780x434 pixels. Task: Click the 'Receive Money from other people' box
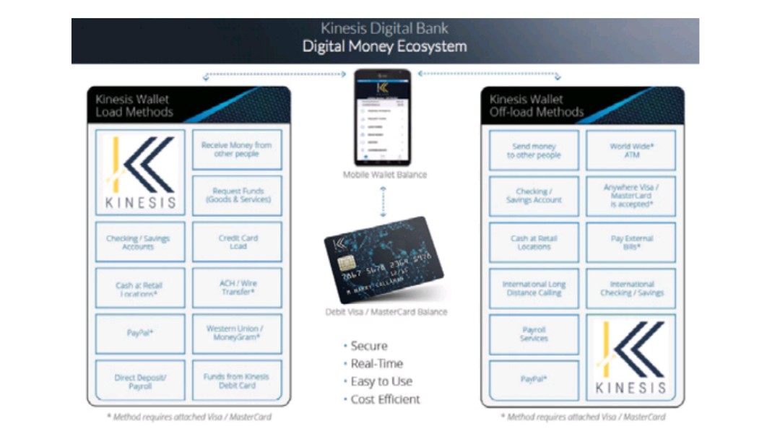click(237, 149)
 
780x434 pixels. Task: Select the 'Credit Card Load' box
click(237, 242)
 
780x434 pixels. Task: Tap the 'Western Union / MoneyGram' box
click(237, 333)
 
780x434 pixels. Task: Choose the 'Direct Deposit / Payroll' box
click(140, 381)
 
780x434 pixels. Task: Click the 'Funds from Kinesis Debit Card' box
click(237, 381)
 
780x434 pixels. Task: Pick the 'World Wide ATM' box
click(630, 150)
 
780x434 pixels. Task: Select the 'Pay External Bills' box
click(630, 243)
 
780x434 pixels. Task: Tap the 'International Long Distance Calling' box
click(534, 289)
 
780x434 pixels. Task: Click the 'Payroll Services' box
click(534, 334)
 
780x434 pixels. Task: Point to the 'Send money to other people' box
click(534, 150)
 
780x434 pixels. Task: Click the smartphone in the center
click(382, 117)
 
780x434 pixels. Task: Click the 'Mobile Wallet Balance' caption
click(385, 175)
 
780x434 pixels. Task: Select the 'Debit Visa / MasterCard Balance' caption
click(386, 312)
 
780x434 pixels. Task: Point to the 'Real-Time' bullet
click(376, 363)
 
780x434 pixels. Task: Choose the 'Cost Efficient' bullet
click(385, 399)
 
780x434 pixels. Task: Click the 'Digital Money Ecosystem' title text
click(384, 47)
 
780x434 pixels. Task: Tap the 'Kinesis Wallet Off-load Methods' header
click(536, 105)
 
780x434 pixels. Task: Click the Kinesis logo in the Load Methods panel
click(140, 173)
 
